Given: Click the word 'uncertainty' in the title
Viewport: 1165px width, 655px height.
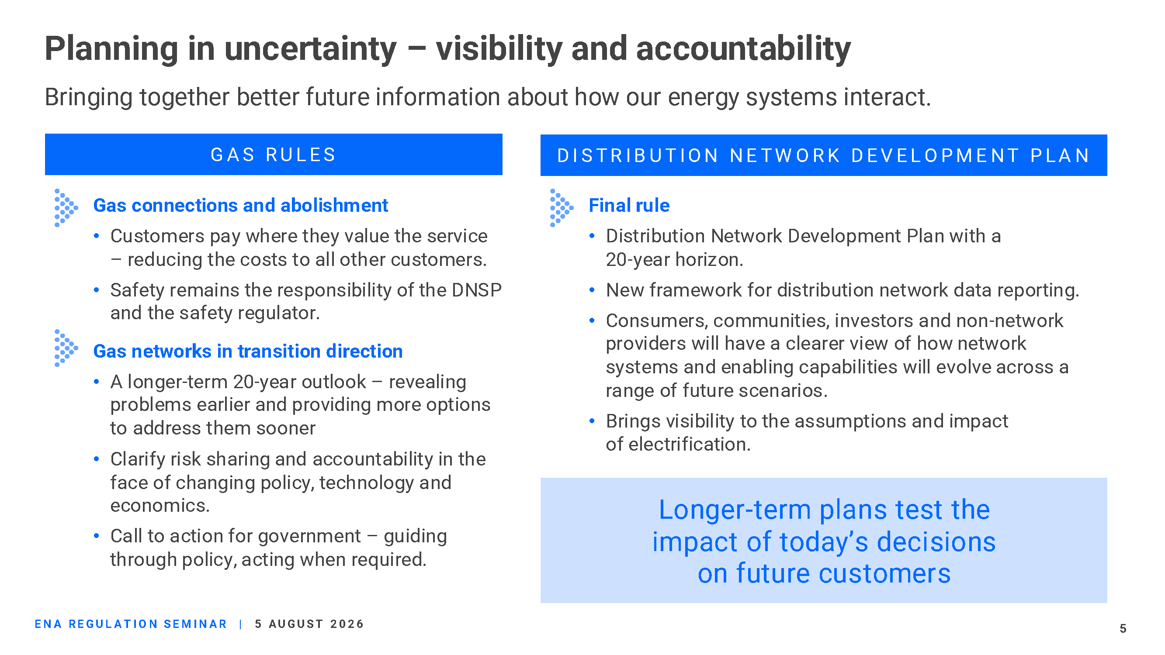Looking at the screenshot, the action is (x=310, y=49).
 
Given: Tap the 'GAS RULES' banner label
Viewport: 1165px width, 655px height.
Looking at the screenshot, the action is (x=274, y=155).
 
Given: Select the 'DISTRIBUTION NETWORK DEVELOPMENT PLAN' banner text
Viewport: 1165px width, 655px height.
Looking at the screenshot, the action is (x=823, y=155).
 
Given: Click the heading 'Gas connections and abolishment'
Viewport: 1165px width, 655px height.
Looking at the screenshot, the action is (x=241, y=206).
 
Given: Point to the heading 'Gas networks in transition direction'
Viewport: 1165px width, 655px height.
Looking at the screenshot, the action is (x=248, y=351).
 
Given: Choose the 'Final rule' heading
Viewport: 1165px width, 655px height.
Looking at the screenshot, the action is (x=629, y=206).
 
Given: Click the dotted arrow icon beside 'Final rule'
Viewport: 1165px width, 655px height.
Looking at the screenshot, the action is (x=562, y=208).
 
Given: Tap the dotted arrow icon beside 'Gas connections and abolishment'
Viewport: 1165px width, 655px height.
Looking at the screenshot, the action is (x=66, y=208).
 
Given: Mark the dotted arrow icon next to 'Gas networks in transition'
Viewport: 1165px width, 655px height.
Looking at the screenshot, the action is (x=66, y=348).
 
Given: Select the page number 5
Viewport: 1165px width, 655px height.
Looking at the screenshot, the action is (x=1123, y=628).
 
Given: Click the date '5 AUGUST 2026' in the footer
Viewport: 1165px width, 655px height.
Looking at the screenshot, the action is (x=309, y=624).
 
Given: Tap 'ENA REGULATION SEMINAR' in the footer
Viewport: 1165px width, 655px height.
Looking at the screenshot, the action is (x=131, y=624).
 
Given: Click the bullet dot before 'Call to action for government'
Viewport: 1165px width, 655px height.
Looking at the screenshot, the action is (x=96, y=536).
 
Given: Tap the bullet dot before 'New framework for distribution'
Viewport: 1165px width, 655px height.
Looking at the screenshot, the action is (x=592, y=290).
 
